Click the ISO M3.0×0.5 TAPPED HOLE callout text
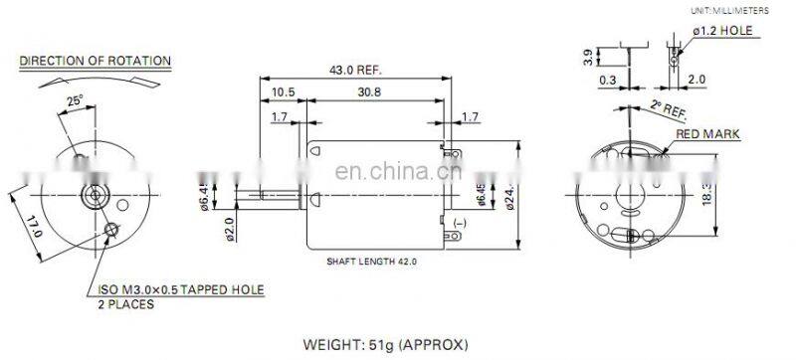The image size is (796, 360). pyautogui.click(x=180, y=289)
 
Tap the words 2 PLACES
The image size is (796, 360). pyautogui.click(x=126, y=304)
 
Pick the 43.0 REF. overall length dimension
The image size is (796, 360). pyautogui.click(x=354, y=71)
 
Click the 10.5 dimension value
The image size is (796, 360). pyautogui.click(x=284, y=91)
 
